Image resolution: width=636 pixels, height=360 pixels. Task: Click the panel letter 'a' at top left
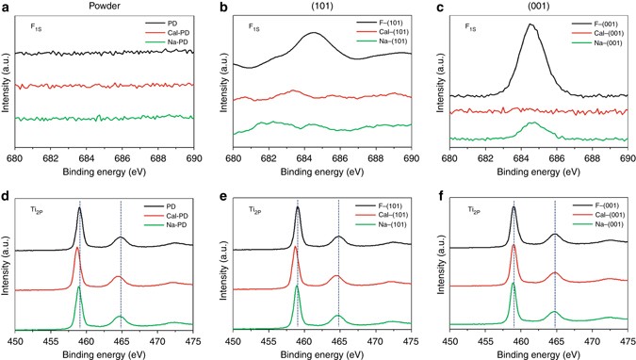click(x=6, y=7)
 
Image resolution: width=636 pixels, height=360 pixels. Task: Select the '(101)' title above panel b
click(x=321, y=7)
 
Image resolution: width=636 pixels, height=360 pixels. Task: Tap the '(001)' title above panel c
click(x=536, y=7)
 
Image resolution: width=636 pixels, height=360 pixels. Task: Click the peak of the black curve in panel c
click(x=530, y=25)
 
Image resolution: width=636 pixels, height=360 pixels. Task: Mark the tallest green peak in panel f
click(x=514, y=283)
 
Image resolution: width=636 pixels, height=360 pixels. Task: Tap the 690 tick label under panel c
click(x=627, y=158)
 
